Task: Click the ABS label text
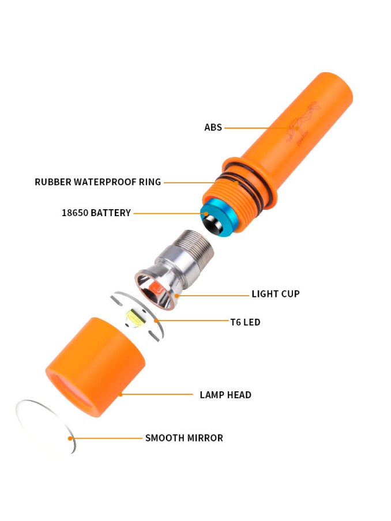pyautogui.click(x=213, y=127)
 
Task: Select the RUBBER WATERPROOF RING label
pyautogui.click(x=98, y=182)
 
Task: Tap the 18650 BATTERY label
pyautogui.click(x=96, y=213)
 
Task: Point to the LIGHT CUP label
pyautogui.click(x=276, y=294)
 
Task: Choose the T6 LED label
pyautogui.click(x=245, y=322)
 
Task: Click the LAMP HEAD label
pyautogui.click(x=225, y=395)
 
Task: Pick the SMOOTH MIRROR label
pyautogui.click(x=184, y=438)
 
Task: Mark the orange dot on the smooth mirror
pyautogui.click(x=70, y=438)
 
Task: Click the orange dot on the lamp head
pyautogui.click(x=121, y=394)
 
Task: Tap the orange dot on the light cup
pyautogui.click(x=176, y=296)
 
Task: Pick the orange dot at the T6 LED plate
pyautogui.click(x=156, y=320)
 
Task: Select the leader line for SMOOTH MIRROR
pyautogui.click(x=106, y=438)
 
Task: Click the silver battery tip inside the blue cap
pyautogui.click(x=213, y=223)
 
